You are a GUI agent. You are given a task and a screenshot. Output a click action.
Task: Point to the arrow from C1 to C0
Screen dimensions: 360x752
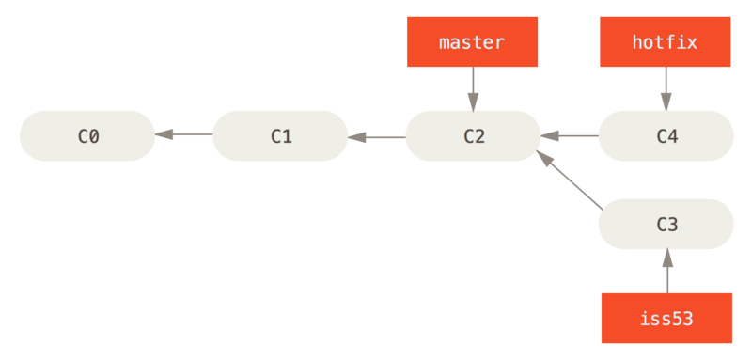tap(184, 136)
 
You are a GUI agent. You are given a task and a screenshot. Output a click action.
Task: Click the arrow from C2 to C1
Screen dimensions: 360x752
tap(377, 136)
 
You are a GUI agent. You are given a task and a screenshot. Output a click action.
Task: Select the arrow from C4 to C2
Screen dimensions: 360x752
tap(570, 136)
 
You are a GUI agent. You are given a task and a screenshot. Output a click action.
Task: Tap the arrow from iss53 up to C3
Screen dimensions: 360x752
tap(666, 271)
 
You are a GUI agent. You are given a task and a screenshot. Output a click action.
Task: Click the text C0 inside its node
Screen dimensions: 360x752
tap(87, 136)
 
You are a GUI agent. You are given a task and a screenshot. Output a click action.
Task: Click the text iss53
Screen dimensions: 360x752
tap(666, 318)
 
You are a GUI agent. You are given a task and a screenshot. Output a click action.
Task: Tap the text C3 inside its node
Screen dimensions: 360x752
tap(666, 225)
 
